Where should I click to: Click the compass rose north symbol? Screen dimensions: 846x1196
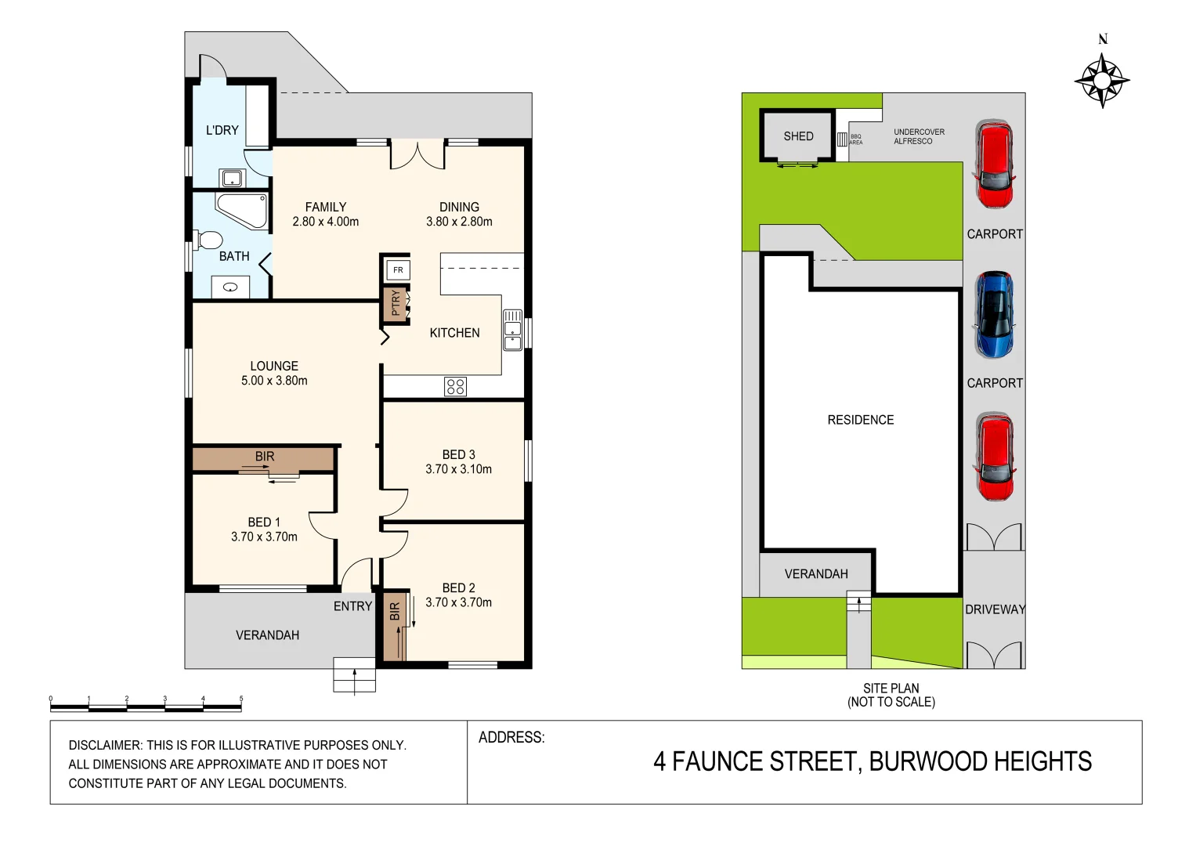tap(1102, 79)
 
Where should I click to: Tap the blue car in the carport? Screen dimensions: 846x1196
tap(994, 314)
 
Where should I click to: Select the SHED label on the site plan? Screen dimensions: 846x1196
tap(798, 136)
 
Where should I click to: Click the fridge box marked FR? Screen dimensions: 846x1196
tap(398, 270)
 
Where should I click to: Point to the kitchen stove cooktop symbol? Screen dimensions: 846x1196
tap(455, 386)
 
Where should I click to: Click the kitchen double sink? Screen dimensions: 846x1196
tap(512, 329)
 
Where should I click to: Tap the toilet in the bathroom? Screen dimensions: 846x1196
tap(209, 240)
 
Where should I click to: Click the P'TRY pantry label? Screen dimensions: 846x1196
tap(396, 303)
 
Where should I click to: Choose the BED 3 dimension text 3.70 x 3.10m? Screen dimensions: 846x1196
tap(458, 469)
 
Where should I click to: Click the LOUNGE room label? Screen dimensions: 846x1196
tap(274, 366)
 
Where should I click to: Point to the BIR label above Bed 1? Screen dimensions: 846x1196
tap(265, 456)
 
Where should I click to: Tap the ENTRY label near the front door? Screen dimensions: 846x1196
tap(352, 606)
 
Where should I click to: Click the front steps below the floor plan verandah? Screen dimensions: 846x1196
tap(354, 675)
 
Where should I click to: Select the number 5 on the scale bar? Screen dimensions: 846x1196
tap(241, 699)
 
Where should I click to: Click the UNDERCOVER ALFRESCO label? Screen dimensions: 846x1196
tap(919, 136)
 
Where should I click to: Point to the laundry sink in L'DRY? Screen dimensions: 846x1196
tap(232, 179)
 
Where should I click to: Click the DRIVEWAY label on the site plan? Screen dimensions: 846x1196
tap(995, 609)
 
